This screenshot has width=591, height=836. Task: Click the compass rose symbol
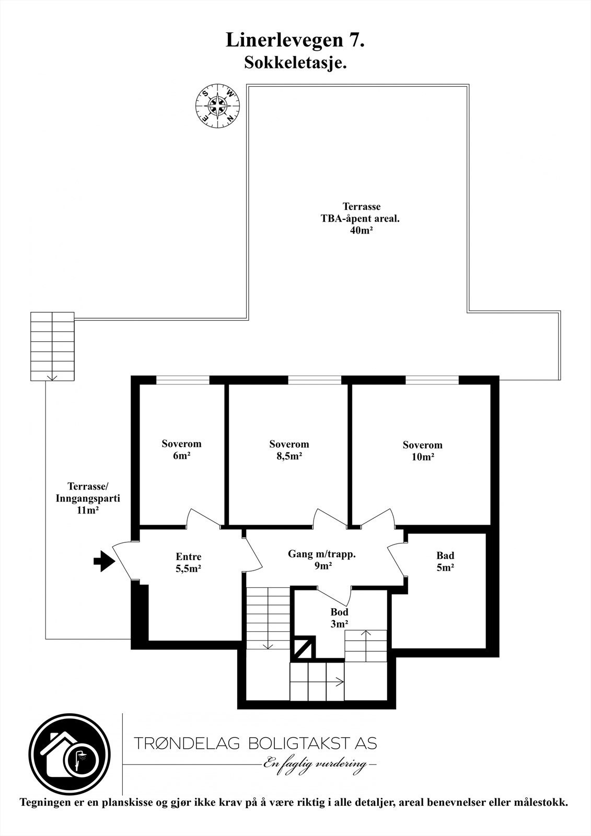[217, 105]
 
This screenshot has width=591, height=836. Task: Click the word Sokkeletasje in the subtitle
[295, 63]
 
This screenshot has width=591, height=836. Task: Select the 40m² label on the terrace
[361, 231]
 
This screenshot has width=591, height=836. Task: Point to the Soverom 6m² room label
[181, 450]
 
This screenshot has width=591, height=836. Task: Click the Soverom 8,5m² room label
[289, 450]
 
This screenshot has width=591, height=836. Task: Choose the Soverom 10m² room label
[422, 451]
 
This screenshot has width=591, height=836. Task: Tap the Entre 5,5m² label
[189, 563]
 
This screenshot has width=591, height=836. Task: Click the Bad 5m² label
[445, 561]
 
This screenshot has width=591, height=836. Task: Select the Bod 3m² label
[339, 617]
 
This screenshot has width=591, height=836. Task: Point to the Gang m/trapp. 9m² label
[322, 560]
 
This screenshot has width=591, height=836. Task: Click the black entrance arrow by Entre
[103, 562]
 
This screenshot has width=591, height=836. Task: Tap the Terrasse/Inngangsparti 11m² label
[88, 498]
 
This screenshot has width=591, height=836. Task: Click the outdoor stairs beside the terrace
[52, 346]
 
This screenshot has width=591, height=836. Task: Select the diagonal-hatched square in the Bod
[303, 648]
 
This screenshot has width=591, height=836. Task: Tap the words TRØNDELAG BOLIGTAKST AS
[255, 742]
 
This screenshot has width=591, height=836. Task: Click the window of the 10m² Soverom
[432, 380]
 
